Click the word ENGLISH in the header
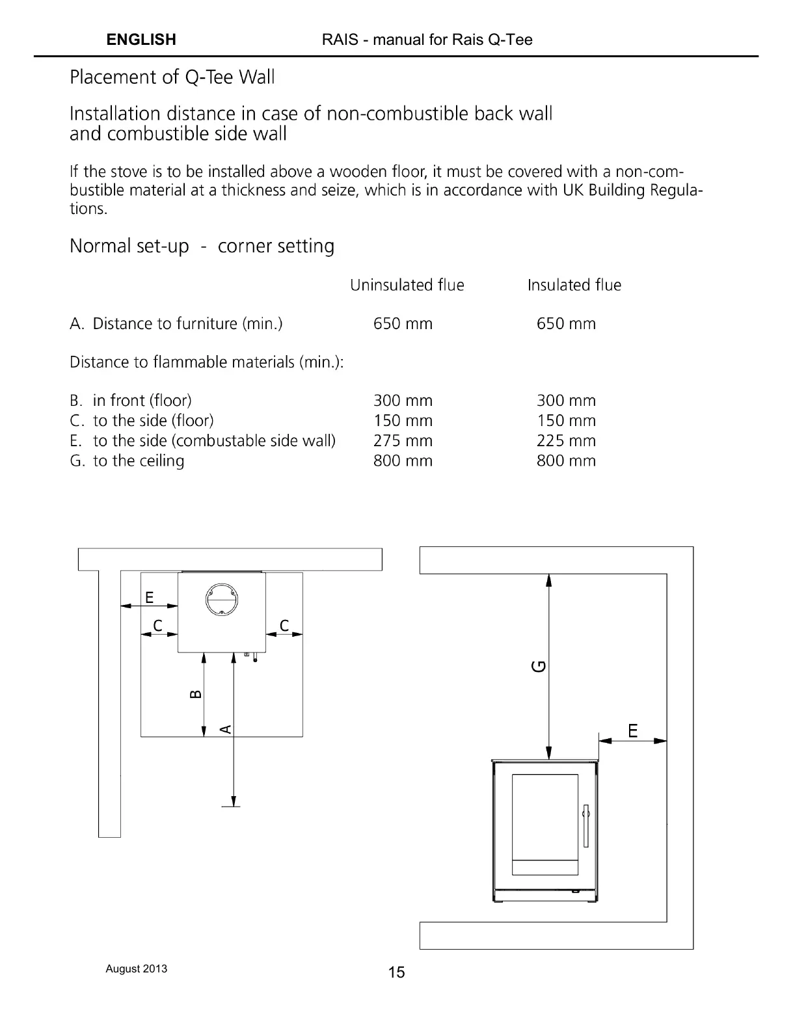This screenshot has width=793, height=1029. click(x=141, y=40)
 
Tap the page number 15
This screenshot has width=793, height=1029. click(x=396, y=972)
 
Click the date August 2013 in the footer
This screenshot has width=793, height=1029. click(x=136, y=969)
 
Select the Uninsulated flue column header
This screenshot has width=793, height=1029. click(x=407, y=285)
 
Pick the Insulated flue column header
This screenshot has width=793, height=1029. click(x=574, y=285)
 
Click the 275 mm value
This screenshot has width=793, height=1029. click(x=403, y=441)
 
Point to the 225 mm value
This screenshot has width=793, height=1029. click(x=566, y=441)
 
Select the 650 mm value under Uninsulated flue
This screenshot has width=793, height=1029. click(x=403, y=324)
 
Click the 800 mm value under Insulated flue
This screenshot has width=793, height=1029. click(x=566, y=461)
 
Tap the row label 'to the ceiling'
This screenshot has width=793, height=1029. click(x=139, y=461)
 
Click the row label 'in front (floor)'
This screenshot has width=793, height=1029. click(x=142, y=401)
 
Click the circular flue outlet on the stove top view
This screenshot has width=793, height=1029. click(x=222, y=598)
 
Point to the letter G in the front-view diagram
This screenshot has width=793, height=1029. click(x=539, y=666)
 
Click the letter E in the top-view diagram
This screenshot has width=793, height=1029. click(x=150, y=597)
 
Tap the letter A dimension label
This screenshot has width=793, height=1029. click(x=225, y=729)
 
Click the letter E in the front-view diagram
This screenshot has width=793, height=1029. click(x=633, y=730)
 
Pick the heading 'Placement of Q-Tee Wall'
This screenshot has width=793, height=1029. click(x=172, y=77)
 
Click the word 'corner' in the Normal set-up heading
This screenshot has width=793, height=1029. click(x=245, y=247)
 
